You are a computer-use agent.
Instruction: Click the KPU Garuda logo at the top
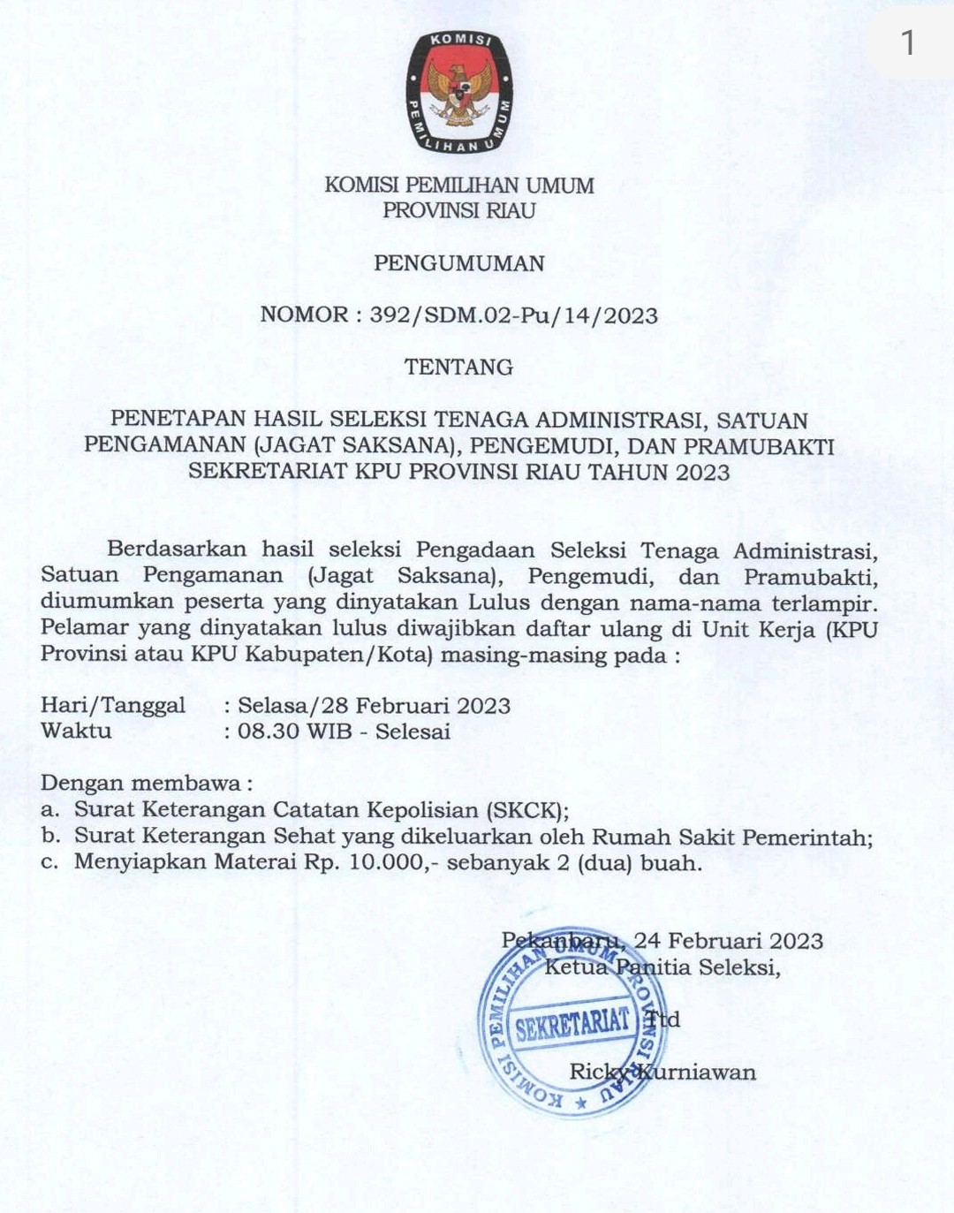click(x=458, y=92)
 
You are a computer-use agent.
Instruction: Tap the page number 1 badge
click(x=907, y=42)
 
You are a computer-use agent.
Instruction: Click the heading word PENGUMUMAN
click(x=459, y=263)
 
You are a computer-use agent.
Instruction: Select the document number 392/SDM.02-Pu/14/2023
click(x=514, y=316)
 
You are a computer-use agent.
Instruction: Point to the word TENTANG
click(x=458, y=368)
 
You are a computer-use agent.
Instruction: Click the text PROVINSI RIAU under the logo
click(x=459, y=211)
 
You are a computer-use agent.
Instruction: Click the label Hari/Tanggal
click(x=113, y=705)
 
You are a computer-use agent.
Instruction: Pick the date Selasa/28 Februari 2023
click(x=374, y=706)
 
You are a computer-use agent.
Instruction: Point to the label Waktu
click(x=76, y=731)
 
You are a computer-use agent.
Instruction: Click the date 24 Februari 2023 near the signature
click(x=729, y=941)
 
